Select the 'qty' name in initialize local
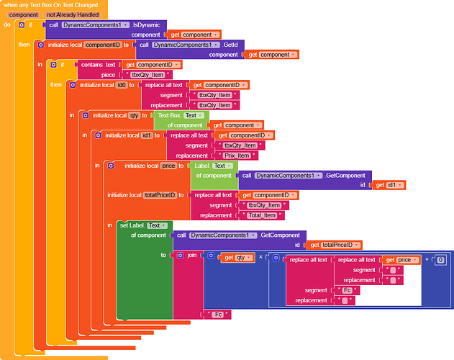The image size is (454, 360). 134,115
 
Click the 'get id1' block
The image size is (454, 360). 390,185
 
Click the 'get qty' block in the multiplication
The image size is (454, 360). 240,258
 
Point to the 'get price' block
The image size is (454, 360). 401,260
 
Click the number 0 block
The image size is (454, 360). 441,260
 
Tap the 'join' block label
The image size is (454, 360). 192,255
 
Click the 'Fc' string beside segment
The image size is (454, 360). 348,290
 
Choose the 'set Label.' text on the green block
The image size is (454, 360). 132,225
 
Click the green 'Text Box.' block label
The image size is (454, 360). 170,115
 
